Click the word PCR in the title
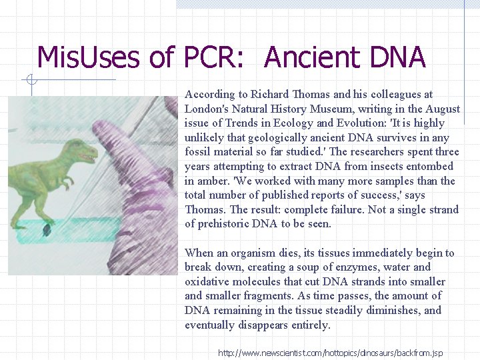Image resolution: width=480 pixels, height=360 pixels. point(215,58)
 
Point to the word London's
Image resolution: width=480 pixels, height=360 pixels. point(206,109)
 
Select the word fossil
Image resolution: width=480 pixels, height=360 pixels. point(198,152)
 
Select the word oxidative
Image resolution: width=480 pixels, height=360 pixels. point(205,282)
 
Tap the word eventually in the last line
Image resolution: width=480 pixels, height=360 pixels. point(211,325)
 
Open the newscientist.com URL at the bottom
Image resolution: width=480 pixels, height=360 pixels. point(330,353)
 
